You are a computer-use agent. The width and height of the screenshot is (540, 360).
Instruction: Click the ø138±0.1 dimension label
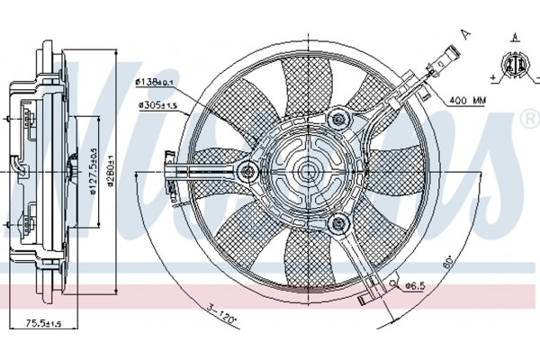(x=155, y=83)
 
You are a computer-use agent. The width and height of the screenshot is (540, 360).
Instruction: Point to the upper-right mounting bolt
(x=338, y=117)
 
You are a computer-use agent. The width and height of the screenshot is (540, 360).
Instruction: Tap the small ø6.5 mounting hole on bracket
(x=394, y=287)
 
